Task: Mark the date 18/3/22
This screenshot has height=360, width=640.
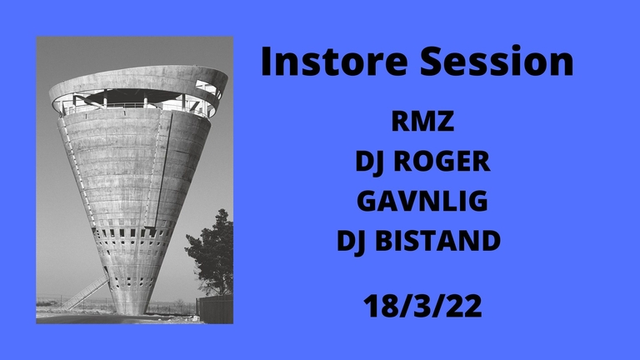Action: (422, 306)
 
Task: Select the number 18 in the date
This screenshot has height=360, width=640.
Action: (377, 306)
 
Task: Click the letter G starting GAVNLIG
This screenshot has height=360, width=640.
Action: (367, 202)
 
